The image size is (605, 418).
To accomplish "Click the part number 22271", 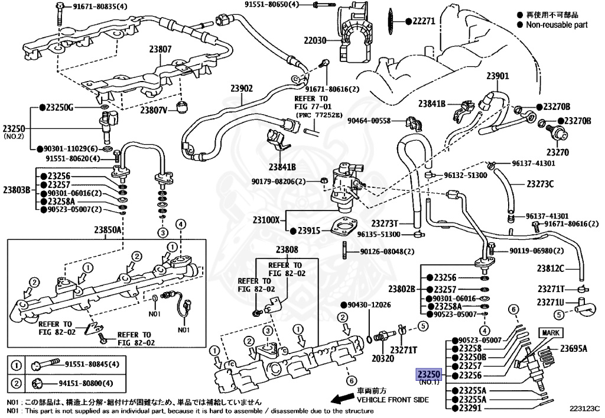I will [423, 21].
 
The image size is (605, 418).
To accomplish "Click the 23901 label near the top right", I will [497, 76].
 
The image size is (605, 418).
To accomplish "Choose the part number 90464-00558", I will [369, 121].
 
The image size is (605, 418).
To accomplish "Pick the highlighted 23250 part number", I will [428, 375].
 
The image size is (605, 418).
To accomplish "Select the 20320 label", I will [382, 359].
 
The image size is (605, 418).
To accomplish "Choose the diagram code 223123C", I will [585, 408].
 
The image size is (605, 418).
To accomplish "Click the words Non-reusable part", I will [557, 24].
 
